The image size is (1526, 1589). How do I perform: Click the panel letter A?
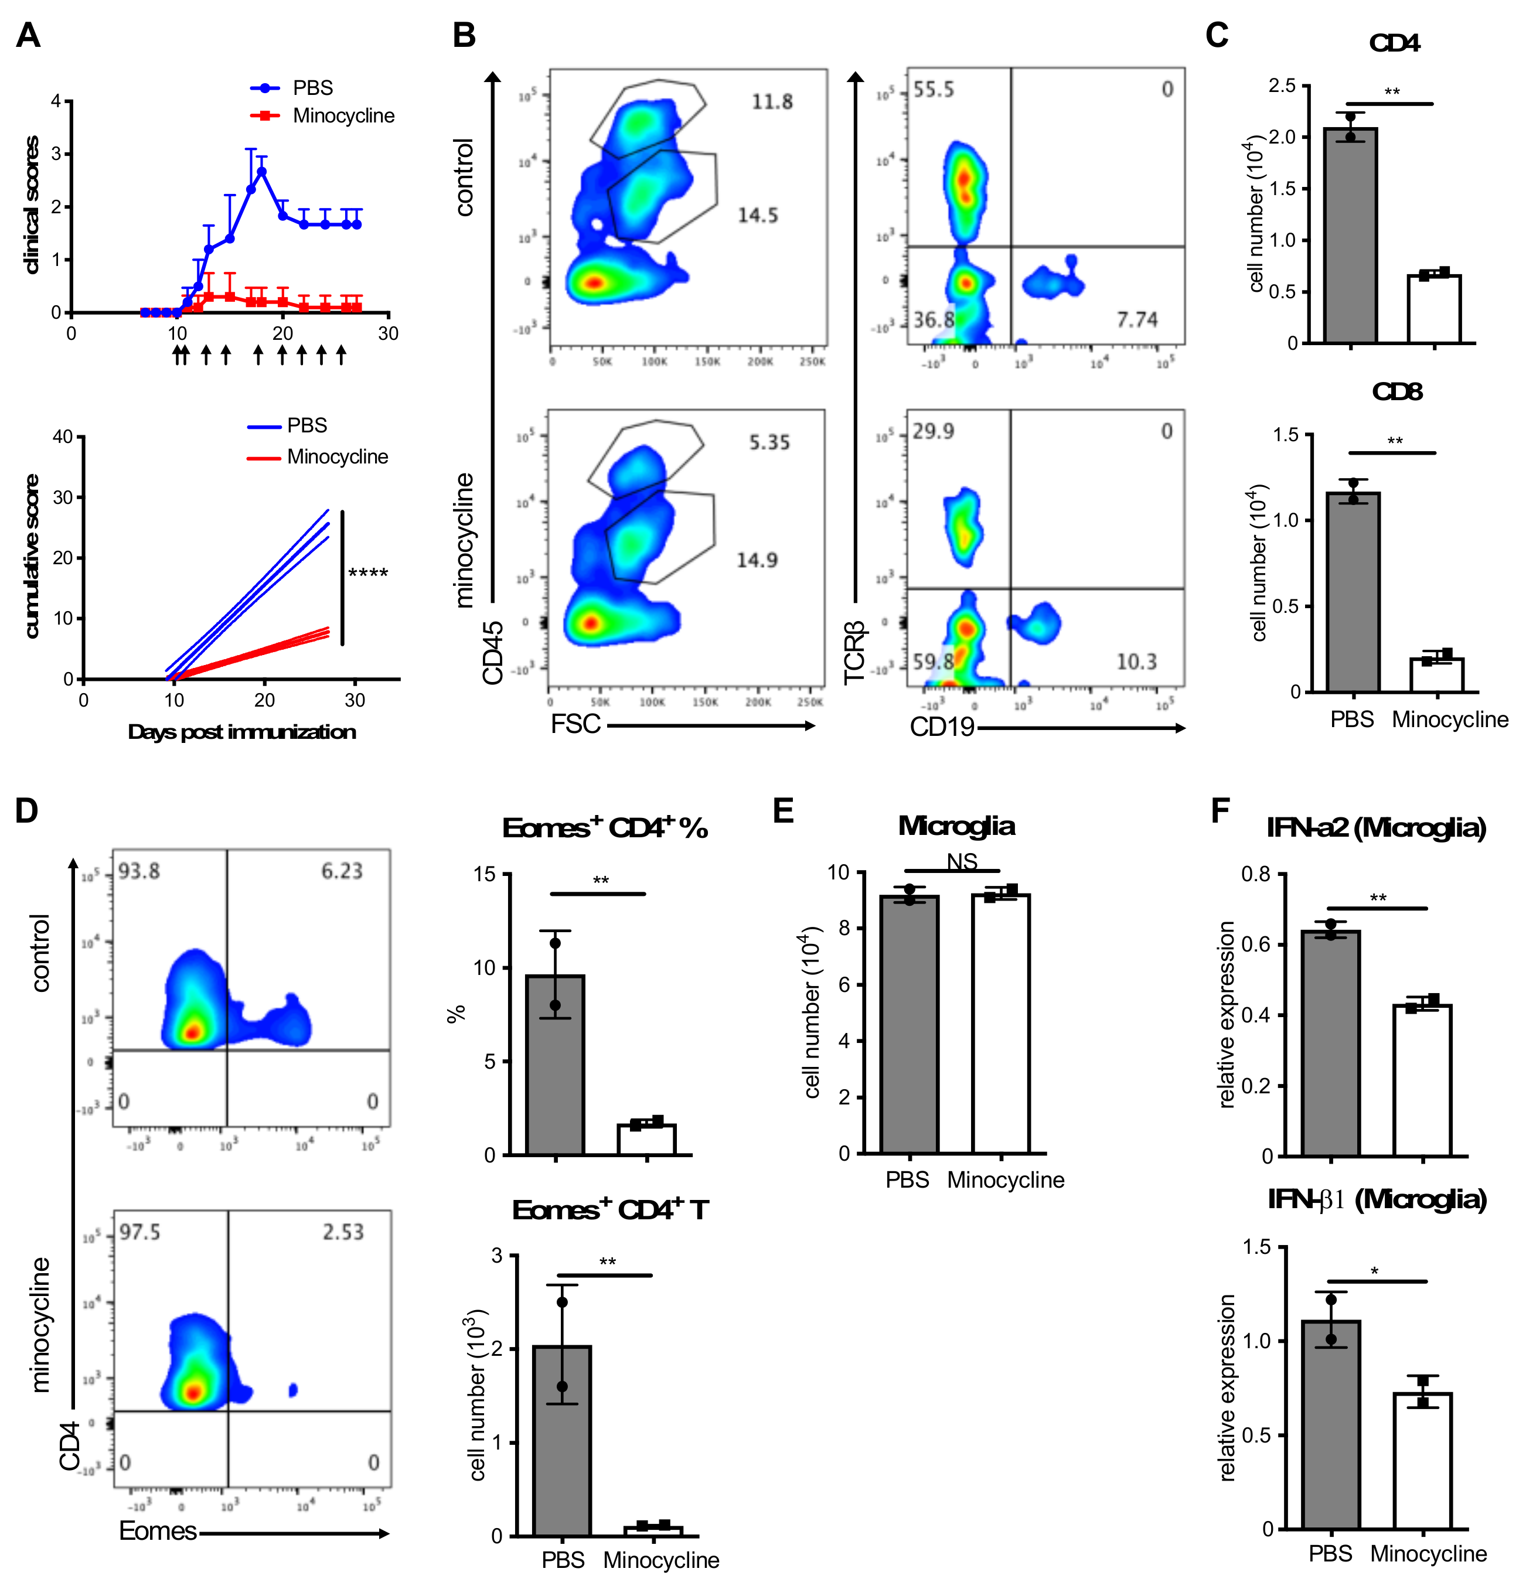click(x=28, y=36)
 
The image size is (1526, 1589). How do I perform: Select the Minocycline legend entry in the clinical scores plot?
click(x=343, y=116)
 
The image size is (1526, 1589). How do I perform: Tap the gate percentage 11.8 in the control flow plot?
click(x=771, y=102)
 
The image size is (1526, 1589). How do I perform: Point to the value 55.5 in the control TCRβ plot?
click(x=934, y=89)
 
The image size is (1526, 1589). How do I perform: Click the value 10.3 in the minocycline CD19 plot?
click(x=1136, y=662)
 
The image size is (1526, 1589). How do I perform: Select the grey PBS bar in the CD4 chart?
click(x=1350, y=235)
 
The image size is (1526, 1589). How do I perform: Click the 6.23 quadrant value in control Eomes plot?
click(x=342, y=871)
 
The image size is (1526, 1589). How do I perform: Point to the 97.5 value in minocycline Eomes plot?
click(x=139, y=1232)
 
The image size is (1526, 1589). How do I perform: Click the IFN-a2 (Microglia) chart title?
click(x=1376, y=828)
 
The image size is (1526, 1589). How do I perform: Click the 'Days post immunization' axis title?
click(x=241, y=732)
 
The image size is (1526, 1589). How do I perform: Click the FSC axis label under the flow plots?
click(x=575, y=724)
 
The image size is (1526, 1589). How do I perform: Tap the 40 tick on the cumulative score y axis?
click(x=63, y=437)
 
